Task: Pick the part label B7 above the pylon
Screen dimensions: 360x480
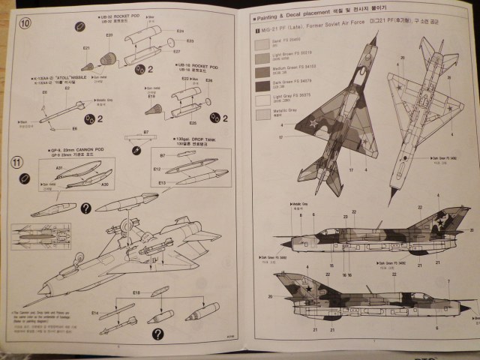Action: [x=145, y=133]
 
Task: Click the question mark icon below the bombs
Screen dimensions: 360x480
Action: [x=158, y=334]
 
